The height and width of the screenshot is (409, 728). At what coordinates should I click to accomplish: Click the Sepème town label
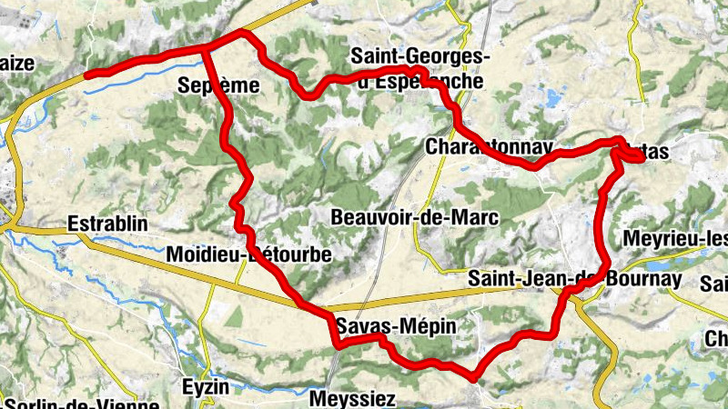(219, 86)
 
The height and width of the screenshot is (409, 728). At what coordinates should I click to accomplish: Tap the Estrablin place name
(107, 224)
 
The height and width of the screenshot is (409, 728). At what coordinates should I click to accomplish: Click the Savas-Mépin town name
(393, 325)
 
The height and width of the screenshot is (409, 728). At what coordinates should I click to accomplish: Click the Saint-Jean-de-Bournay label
(574, 279)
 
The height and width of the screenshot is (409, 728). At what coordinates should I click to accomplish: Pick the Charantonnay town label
(490, 146)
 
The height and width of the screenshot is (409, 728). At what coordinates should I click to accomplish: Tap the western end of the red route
(86, 75)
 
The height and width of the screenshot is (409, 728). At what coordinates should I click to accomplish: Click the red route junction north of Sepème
(205, 47)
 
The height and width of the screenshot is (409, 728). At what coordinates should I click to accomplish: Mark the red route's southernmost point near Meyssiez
(473, 376)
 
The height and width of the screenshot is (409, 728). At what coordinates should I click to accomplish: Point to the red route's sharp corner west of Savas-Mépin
(338, 344)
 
